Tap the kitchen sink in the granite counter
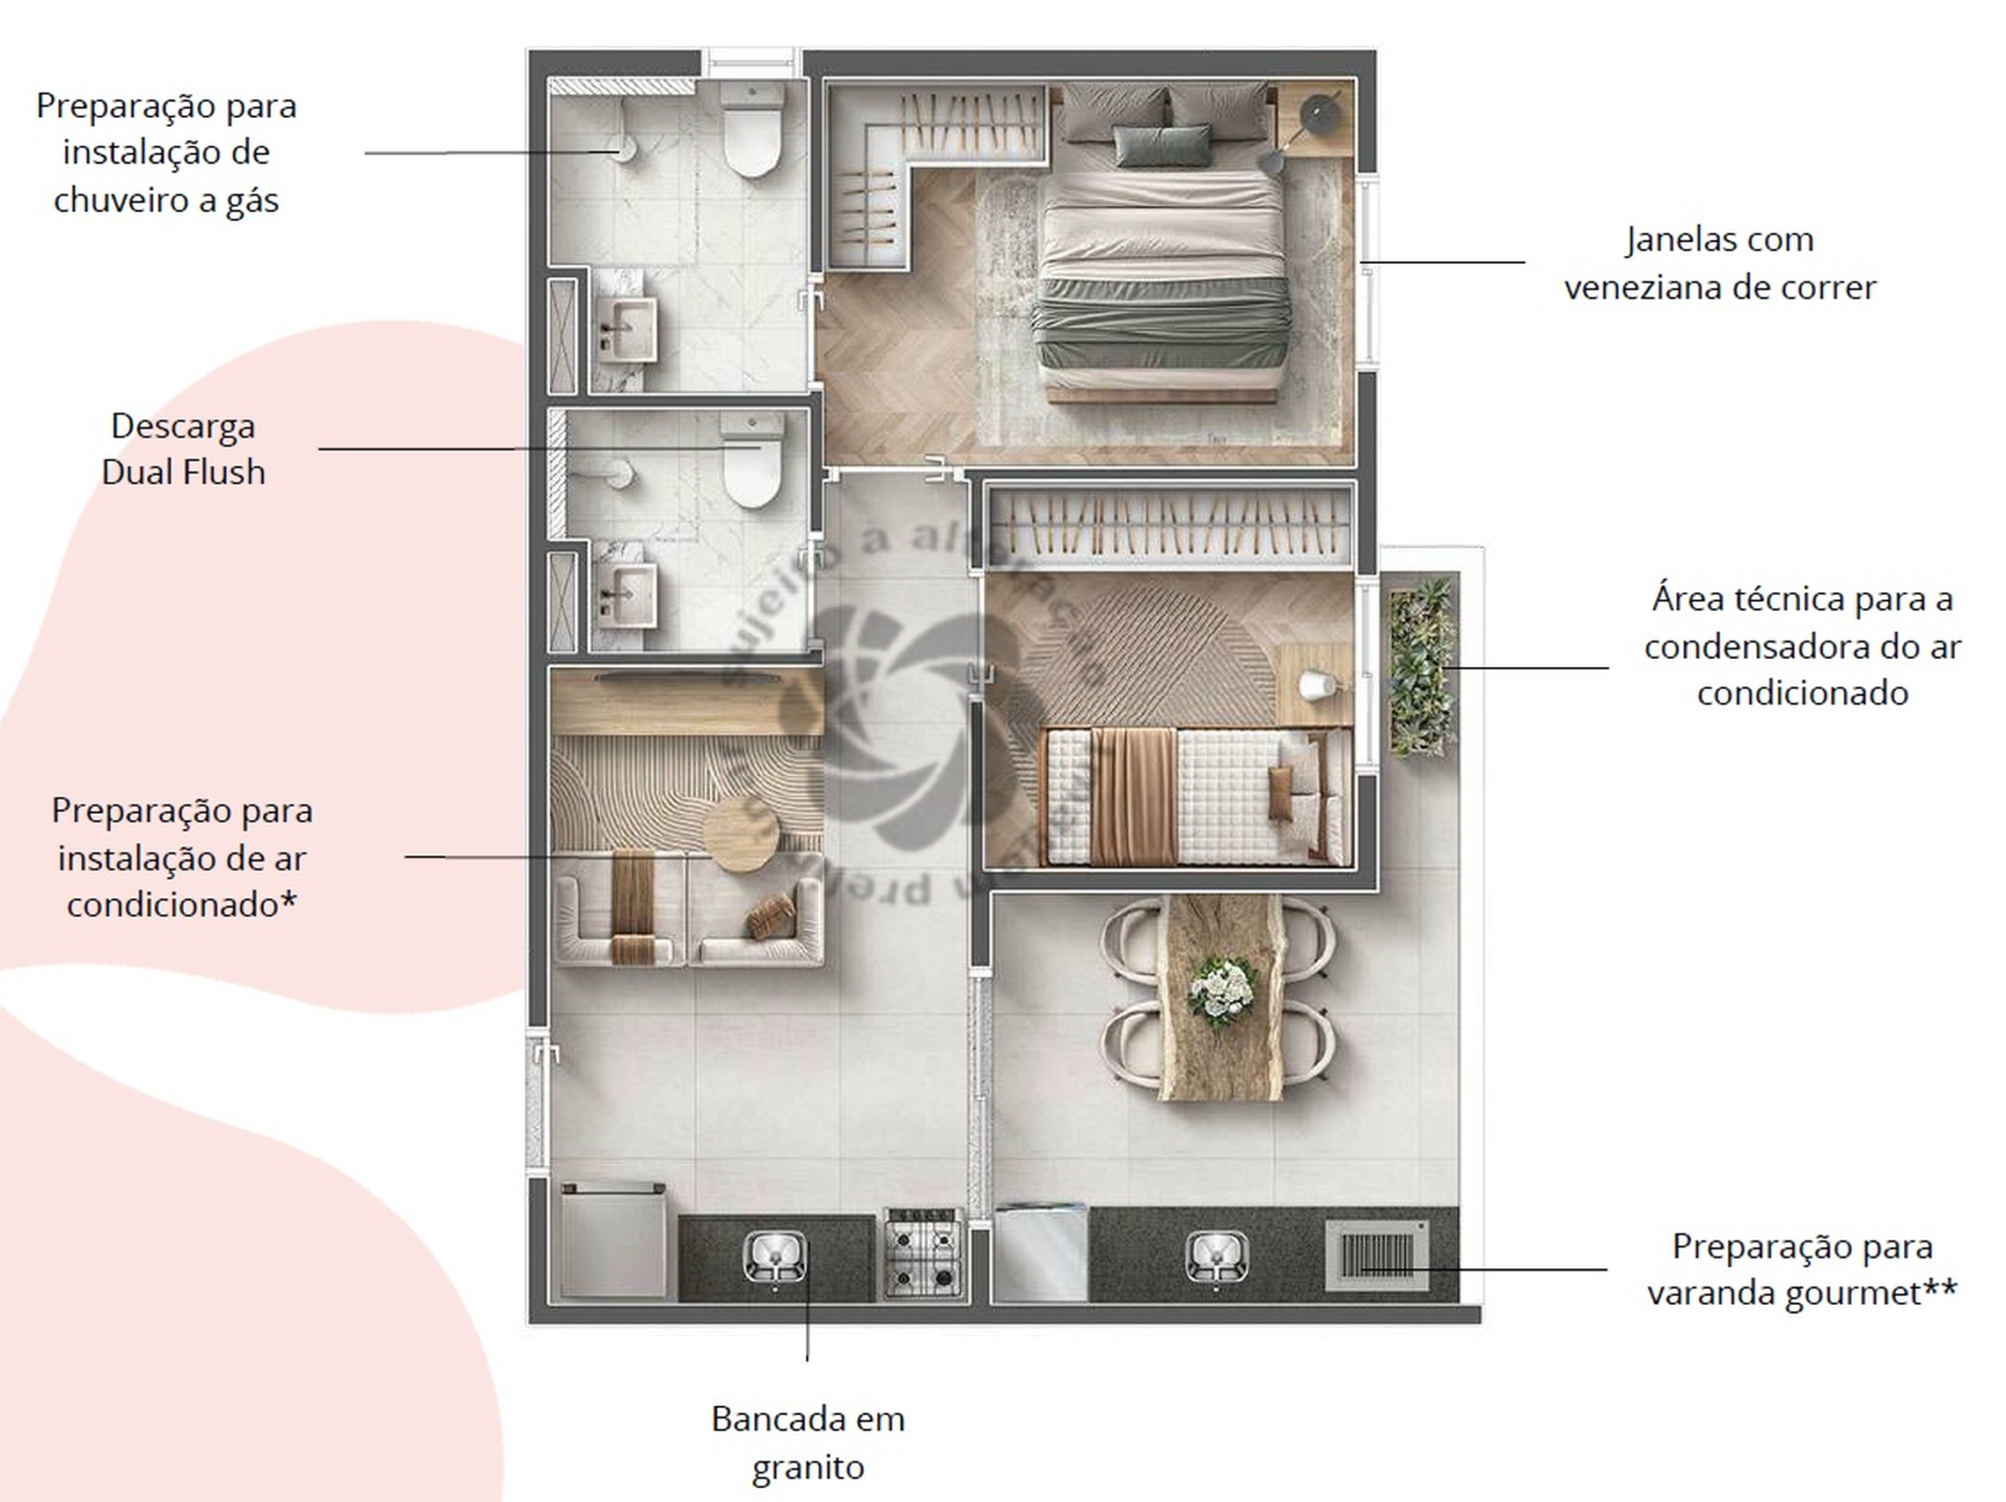[x=773, y=1257]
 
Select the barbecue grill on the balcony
[x=1377, y=1256]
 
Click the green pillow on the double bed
[x=1160, y=145]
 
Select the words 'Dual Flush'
[x=183, y=473]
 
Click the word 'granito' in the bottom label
[x=807, y=1467]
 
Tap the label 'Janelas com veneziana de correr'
[x=1719, y=264]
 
